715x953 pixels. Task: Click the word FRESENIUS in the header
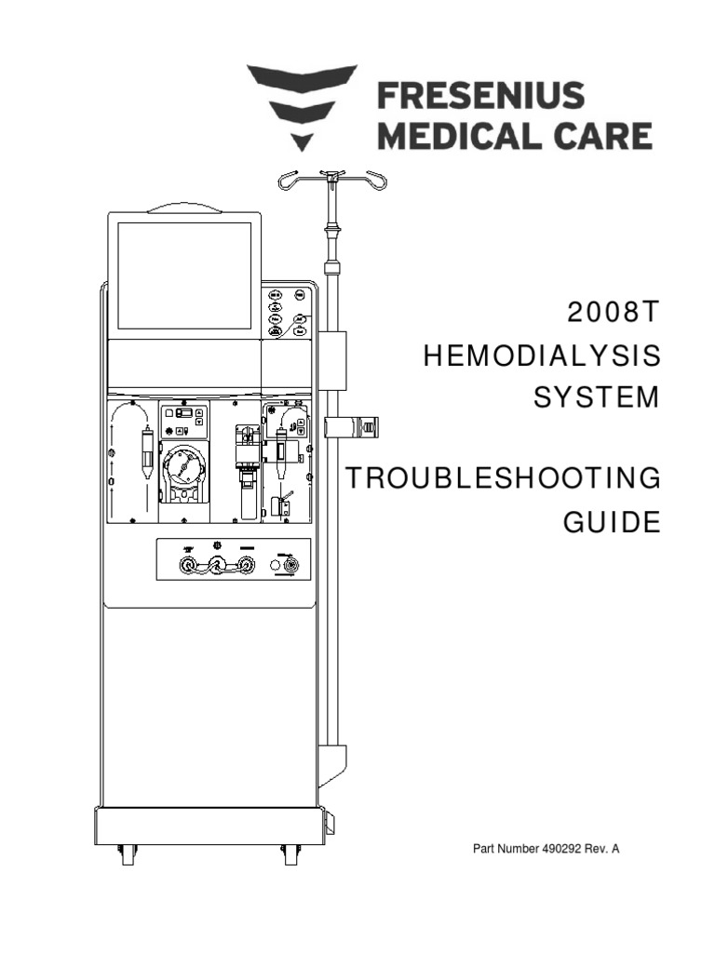479,95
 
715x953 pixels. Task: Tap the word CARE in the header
595,136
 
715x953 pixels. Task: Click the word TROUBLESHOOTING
504,479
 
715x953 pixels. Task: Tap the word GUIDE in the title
612,521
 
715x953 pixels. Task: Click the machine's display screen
184,275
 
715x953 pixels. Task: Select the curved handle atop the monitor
184,208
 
